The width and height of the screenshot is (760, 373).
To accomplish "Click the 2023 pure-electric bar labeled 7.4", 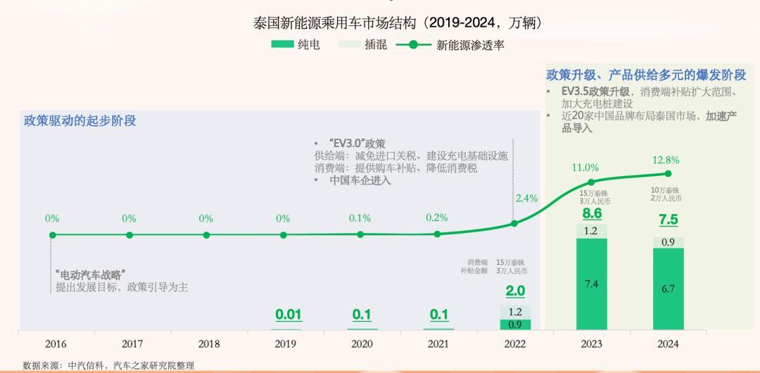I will coord(591,284).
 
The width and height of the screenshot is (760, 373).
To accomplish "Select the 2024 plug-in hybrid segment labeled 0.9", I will coord(668,242).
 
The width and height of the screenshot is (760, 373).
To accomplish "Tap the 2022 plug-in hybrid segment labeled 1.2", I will coord(516,312).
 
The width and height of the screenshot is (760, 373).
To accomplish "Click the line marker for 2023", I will coord(591,182).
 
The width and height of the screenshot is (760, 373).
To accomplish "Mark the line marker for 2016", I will coord(52,235).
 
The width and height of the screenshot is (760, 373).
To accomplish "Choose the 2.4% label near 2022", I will coord(526,198).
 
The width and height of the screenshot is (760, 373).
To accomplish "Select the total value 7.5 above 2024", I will coord(668,220).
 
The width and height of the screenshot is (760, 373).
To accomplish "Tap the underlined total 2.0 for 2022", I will coord(516,291).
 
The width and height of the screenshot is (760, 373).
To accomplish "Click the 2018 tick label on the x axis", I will coord(208,344).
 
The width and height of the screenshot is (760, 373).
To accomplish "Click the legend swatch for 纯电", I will coord(281,44).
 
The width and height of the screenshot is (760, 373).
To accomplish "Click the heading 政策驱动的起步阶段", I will coord(80,120).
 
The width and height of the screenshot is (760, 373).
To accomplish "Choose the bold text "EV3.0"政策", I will coord(357,144).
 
